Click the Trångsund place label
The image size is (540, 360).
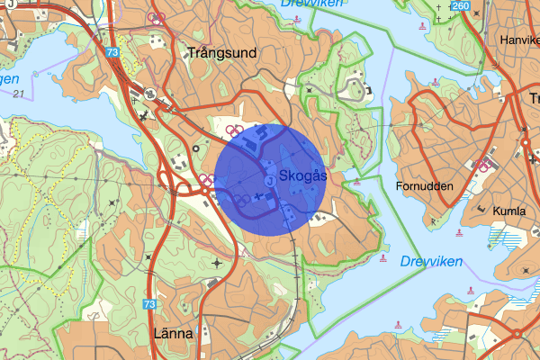click(x=220, y=53)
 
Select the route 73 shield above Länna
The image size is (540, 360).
click(x=149, y=305)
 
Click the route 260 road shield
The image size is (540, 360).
click(x=461, y=7)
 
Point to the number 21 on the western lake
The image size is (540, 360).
click(x=18, y=93)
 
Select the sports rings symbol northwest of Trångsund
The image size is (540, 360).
click(x=157, y=17)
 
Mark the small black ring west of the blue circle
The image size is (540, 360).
click(x=196, y=149)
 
